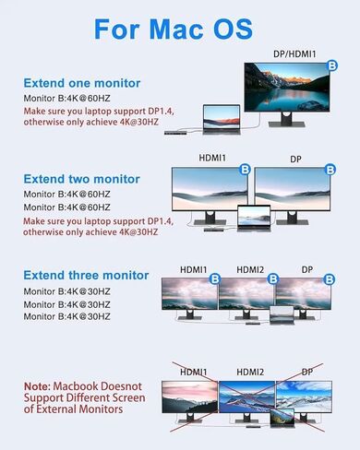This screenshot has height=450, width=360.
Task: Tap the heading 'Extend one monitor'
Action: coord(81,82)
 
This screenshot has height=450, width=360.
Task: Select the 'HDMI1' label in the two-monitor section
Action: coord(210,160)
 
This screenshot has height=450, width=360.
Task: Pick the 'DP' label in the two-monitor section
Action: coord(295,160)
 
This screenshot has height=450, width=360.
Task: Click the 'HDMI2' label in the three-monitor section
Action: coord(249,269)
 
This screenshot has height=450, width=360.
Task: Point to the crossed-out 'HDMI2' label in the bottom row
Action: coord(249,371)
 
